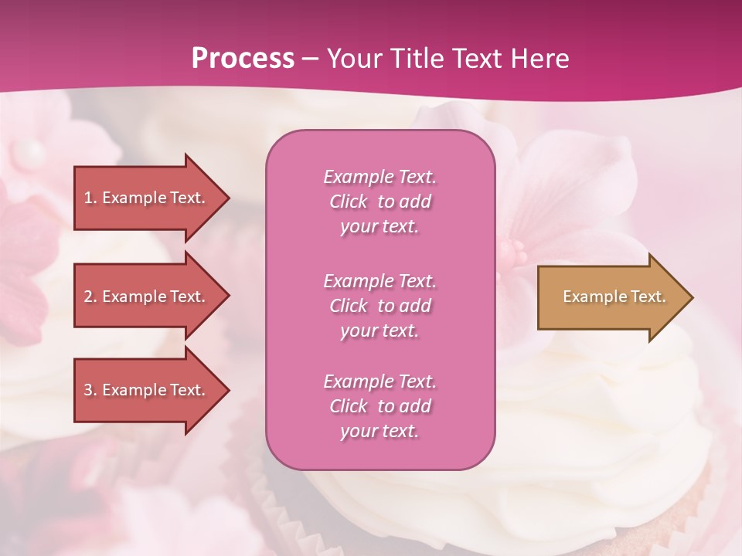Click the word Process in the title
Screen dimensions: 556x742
243,59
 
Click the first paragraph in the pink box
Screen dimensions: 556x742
380,202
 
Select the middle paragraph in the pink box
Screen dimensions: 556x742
380,306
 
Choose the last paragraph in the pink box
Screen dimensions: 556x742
380,406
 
